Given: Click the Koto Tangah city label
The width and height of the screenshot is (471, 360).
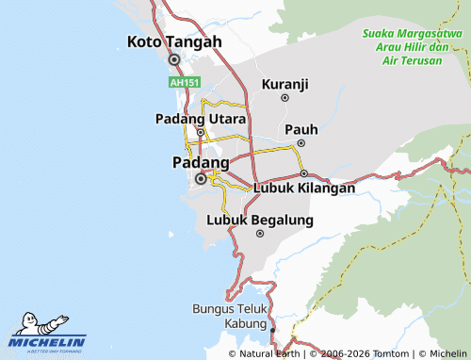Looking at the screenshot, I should click(174, 41).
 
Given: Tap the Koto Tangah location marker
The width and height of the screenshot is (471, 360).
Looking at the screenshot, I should click(174, 59).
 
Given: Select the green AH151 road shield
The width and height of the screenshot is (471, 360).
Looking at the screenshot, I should click(185, 83).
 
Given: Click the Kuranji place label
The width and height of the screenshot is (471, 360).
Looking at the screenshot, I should click(284, 84).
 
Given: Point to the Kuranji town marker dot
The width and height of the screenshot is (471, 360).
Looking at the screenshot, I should click(284, 98).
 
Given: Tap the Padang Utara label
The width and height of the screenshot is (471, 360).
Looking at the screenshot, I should click(201, 119).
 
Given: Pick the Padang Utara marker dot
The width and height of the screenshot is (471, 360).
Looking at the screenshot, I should click(201, 133).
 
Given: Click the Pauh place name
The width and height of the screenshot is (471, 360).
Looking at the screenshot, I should click(300, 129).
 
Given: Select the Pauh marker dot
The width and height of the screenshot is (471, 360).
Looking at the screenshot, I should click(300, 143).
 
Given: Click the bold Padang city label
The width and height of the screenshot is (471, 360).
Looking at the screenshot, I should click(201, 162).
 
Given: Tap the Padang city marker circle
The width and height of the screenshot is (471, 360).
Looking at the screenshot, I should click(201, 178).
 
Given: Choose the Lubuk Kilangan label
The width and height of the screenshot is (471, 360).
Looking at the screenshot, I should click(304, 188).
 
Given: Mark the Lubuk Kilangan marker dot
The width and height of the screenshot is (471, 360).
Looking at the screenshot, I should click(304, 173).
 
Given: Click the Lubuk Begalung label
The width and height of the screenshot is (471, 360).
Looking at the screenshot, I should click(260, 220).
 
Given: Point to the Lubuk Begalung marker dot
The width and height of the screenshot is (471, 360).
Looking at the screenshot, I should click(260, 234).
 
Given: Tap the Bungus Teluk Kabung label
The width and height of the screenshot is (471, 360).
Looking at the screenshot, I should click(232, 315).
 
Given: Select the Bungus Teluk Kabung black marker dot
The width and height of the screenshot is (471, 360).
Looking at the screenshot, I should click(273, 331).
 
